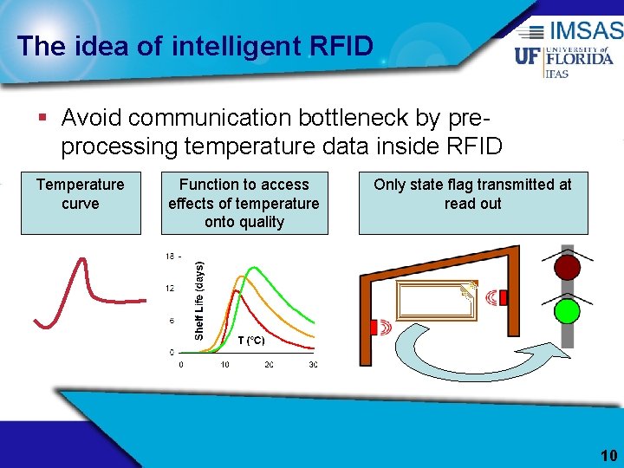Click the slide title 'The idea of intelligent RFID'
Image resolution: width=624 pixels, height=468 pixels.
pyautogui.click(x=195, y=45)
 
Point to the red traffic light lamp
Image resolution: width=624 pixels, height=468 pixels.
pyautogui.click(x=567, y=266)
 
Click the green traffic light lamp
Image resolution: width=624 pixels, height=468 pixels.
pyautogui.click(x=567, y=309)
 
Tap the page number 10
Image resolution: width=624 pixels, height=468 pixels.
pyautogui.click(x=608, y=456)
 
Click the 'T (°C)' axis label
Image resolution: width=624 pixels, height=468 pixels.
pyautogui.click(x=251, y=341)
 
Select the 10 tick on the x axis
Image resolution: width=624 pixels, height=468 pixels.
pyautogui.click(x=224, y=365)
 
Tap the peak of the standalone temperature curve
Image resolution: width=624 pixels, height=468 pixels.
pyautogui.click(x=82, y=260)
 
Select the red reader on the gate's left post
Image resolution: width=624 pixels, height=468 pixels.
pyautogui.click(x=374, y=327)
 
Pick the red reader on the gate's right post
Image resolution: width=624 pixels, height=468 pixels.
pyautogui.click(x=502, y=298)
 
